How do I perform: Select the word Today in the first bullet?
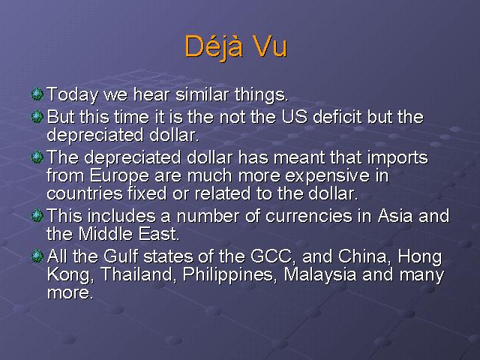[72, 95]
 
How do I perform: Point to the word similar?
[202, 94]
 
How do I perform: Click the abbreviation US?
[294, 117]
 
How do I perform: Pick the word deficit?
[337, 117]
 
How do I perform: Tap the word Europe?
[119, 176]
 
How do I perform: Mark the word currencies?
[309, 216]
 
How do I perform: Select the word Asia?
[395, 216]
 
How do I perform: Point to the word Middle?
[106, 234]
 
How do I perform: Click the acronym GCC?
[272, 256]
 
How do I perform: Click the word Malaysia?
[320, 275]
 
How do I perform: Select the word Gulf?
[121, 256]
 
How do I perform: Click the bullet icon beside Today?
[37, 94]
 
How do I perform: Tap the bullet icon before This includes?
[37, 216]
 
